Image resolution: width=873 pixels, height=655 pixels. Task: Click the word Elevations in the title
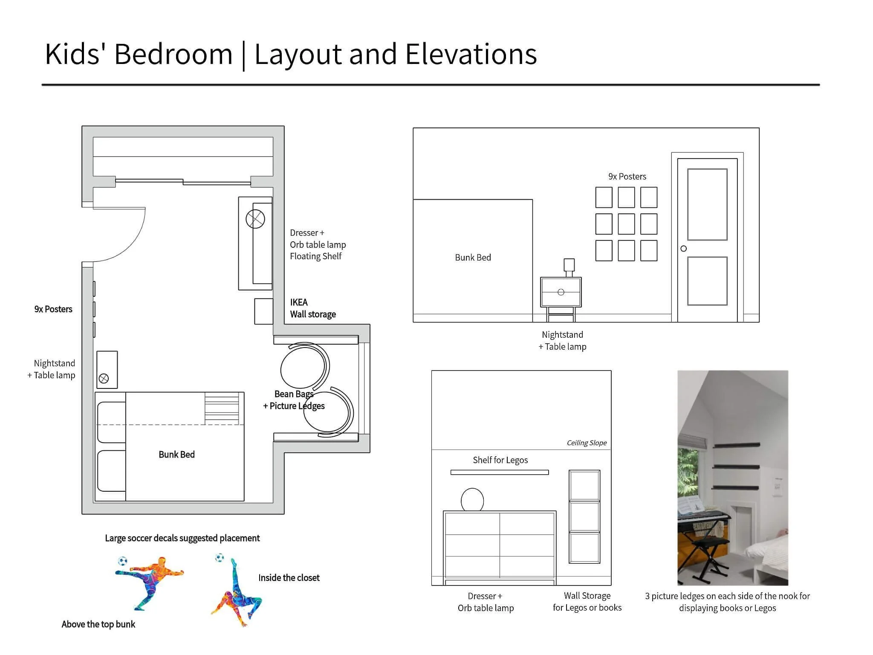click(x=471, y=54)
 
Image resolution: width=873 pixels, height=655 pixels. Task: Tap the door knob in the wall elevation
click(x=684, y=249)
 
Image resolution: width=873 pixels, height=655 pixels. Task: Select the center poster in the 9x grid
click(x=626, y=224)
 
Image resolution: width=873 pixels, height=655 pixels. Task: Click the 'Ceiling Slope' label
click(x=587, y=443)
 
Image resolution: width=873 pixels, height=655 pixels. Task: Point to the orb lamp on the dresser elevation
click(x=472, y=500)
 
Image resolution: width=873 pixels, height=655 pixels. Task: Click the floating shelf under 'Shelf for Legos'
click(x=500, y=472)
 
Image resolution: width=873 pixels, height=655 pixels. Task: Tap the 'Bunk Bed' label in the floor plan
click(x=176, y=455)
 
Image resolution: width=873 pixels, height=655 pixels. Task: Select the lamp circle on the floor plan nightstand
click(x=104, y=378)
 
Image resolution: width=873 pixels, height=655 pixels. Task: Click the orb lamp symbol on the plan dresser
click(x=255, y=219)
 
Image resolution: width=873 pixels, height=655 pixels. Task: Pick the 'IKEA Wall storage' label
click(x=313, y=308)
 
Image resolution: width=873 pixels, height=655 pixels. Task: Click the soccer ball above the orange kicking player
click(x=122, y=561)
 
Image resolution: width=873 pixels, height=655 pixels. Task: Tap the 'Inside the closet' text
click(x=289, y=578)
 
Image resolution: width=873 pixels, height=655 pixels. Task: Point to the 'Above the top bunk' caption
click(x=98, y=624)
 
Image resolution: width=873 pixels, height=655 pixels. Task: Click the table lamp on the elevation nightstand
click(x=569, y=268)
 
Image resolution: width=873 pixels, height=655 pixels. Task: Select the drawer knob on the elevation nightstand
click(x=561, y=292)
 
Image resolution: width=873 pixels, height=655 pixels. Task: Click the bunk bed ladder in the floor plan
click(x=222, y=408)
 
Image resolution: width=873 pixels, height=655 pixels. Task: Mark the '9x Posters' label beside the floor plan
click(x=53, y=309)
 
